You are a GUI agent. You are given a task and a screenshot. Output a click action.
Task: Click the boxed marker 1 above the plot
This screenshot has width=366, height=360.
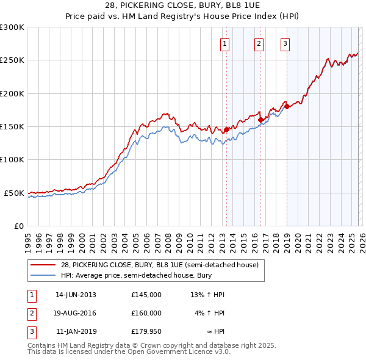225,43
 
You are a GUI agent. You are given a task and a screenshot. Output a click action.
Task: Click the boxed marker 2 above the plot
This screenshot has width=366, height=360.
259,43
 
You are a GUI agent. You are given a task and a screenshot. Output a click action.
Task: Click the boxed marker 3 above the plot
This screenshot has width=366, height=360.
285,43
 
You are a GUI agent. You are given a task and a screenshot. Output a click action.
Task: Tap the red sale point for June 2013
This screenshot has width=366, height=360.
226,129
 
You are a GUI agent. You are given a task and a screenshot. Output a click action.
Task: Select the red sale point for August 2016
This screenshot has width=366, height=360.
260,120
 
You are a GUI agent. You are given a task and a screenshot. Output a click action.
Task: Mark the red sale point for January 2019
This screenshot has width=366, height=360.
287,107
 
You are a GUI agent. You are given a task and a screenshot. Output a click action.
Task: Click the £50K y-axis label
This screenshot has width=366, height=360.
15,193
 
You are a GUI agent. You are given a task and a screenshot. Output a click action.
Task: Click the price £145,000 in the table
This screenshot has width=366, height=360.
146,295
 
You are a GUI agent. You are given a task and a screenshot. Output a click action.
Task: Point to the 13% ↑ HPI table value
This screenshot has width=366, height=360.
207,295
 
